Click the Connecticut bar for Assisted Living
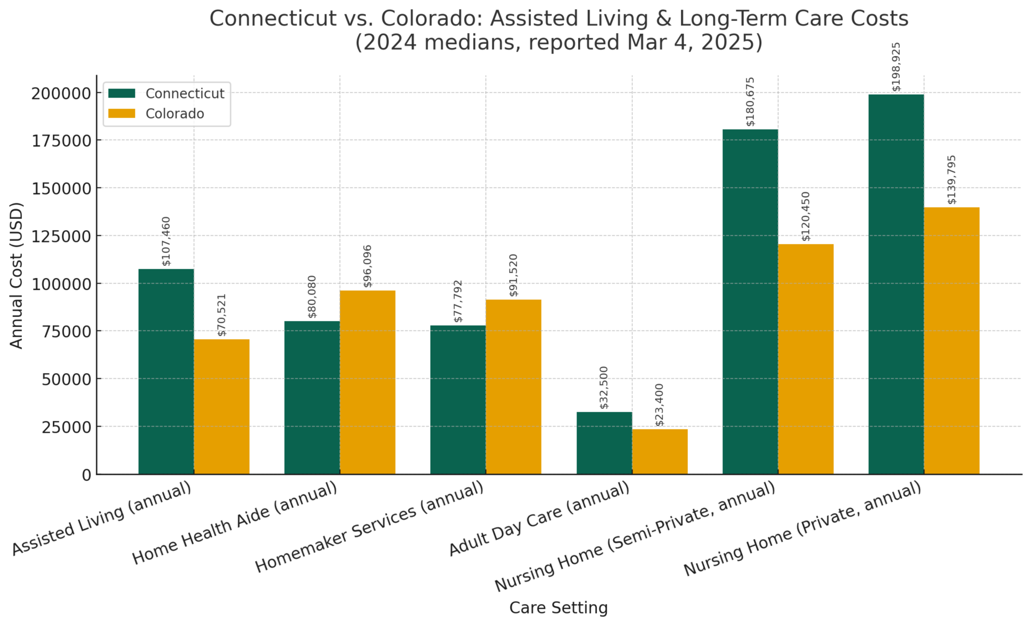(166, 372)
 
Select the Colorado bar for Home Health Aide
(367, 382)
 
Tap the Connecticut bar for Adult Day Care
(604, 443)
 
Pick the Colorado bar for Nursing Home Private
(952, 340)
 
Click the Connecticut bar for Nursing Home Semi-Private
(750, 302)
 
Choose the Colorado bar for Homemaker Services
(513, 387)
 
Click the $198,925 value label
(897, 67)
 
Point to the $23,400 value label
(660, 405)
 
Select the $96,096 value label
(367, 266)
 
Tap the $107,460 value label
(166, 241)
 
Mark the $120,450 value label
(806, 216)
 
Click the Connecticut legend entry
(185, 94)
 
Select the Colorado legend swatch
(122, 114)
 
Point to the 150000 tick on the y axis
(62, 188)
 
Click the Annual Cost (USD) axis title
(16, 275)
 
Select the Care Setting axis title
(558, 608)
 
